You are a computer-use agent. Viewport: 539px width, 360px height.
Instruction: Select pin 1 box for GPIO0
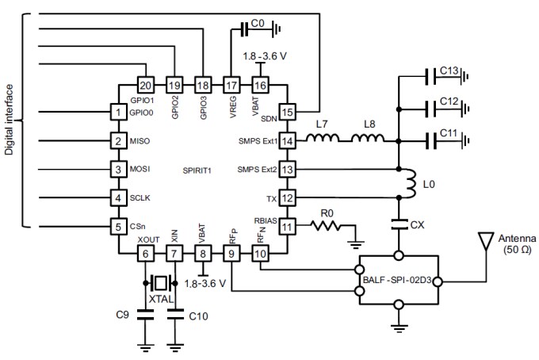point(118,113)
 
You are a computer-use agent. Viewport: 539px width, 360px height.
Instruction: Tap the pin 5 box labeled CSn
point(118,226)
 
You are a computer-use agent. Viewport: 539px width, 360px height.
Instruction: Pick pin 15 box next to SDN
point(288,113)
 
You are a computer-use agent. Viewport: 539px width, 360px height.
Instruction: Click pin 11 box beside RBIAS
point(288,226)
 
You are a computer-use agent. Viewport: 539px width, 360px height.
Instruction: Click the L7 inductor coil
point(323,140)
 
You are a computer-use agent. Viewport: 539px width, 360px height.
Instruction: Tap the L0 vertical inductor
point(410,185)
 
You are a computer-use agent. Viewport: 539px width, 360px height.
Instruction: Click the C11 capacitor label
point(449,133)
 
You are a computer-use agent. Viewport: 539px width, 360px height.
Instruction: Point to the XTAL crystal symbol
point(161,283)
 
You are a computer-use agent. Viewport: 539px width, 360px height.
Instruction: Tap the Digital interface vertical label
point(10,119)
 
